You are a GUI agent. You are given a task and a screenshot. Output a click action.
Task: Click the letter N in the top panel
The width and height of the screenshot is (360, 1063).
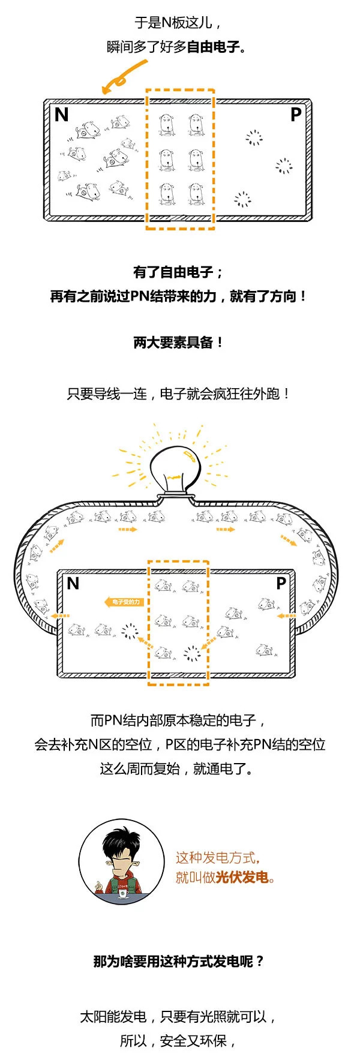(62, 114)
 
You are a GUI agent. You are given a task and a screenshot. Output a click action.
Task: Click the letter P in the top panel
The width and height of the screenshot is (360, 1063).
(295, 114)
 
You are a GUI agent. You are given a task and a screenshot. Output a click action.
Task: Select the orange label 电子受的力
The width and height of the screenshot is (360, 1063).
(124, 602)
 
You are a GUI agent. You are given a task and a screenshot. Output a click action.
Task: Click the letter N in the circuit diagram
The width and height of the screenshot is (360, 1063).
(73, 583)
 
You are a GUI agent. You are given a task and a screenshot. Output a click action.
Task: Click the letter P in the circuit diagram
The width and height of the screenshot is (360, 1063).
(280, 583)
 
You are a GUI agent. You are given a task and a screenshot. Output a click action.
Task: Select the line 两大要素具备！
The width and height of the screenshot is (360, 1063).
(179, 343)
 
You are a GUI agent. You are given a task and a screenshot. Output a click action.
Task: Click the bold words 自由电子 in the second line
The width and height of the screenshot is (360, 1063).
(213, 47)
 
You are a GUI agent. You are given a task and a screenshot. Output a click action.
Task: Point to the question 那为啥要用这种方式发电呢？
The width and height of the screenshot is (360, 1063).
(179, 961)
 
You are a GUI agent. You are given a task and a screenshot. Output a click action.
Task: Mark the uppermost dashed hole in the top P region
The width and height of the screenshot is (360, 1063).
(254, 138)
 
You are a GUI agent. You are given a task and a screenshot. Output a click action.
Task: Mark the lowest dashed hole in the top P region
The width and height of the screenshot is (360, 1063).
(242, 199)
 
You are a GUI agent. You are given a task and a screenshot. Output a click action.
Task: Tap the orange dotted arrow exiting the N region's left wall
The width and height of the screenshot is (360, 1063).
(60, 615)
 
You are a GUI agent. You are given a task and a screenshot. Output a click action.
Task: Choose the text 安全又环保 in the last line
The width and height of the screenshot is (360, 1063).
(193, 1041)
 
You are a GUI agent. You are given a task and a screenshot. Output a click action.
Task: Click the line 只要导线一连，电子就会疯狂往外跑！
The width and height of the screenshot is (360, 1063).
(179, 394)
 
